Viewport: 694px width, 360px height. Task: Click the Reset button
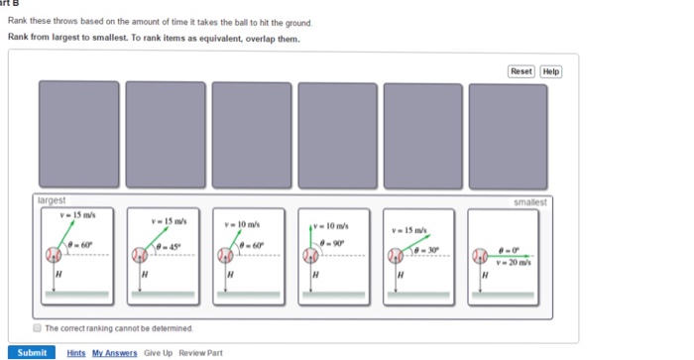(520, 71)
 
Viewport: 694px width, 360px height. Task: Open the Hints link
(76, 352)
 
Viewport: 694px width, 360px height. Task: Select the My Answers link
(115, 352)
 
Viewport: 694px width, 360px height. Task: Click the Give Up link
(158, 352)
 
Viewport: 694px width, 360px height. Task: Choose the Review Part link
(201, 352)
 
